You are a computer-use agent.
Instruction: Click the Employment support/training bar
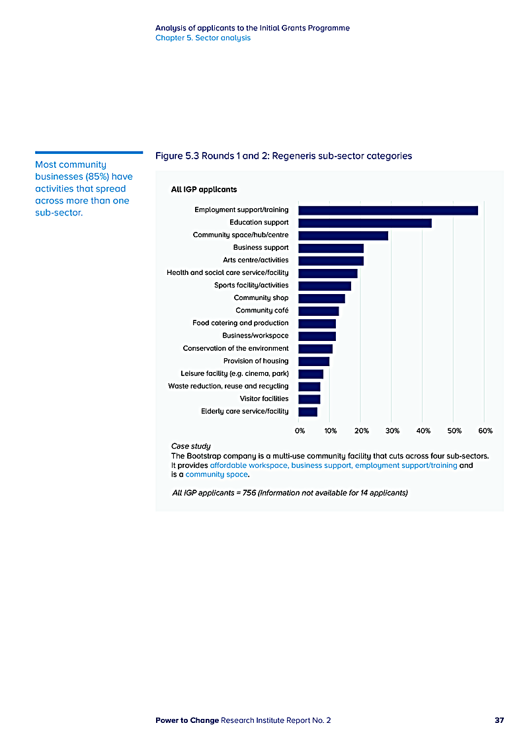pyautogui.click(x=388, y=210)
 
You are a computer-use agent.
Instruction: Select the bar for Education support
pyautogui.click(x=365, y=223)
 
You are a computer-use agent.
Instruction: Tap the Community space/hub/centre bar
pyautogui.click(x=343, y=235)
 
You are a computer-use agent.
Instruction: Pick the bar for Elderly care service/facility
pyautogui.click(x=308, y=412)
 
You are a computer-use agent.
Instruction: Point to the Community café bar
pyautogui.click(x=319, y=311)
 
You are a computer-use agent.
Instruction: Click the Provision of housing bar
pyautogui.click(x=314, y=361)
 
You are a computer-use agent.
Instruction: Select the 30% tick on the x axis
pyautogui.click(x=392, y=431)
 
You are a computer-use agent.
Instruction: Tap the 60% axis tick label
pyautogui.click(x=485, y=431)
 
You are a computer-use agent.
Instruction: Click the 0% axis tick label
pyautogui.click(x=300, y=431)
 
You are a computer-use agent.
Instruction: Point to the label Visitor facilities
pyautogui.click(x=264, y=398)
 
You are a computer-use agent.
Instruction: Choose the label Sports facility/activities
pyautogui.click(x=251, y=285)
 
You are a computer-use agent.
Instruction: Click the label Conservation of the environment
pyautogui.click(x=235, y=348)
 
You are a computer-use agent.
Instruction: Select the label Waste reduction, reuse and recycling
pyautogui.click(x=228, y=386)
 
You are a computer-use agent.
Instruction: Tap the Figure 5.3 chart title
pyautogui.click(x=284, y=156)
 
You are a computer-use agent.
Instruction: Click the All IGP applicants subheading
pyautogui.click(x=204, y=190)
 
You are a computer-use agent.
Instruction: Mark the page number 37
pyautogui.click(x=499, y=720)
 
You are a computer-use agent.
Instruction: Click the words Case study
pyautogui.click(x=191, y=446)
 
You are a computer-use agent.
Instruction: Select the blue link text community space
pyautogui.click(x=217, y=474)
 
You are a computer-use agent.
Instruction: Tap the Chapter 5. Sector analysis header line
pyautogui.click(x=203, y=38)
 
